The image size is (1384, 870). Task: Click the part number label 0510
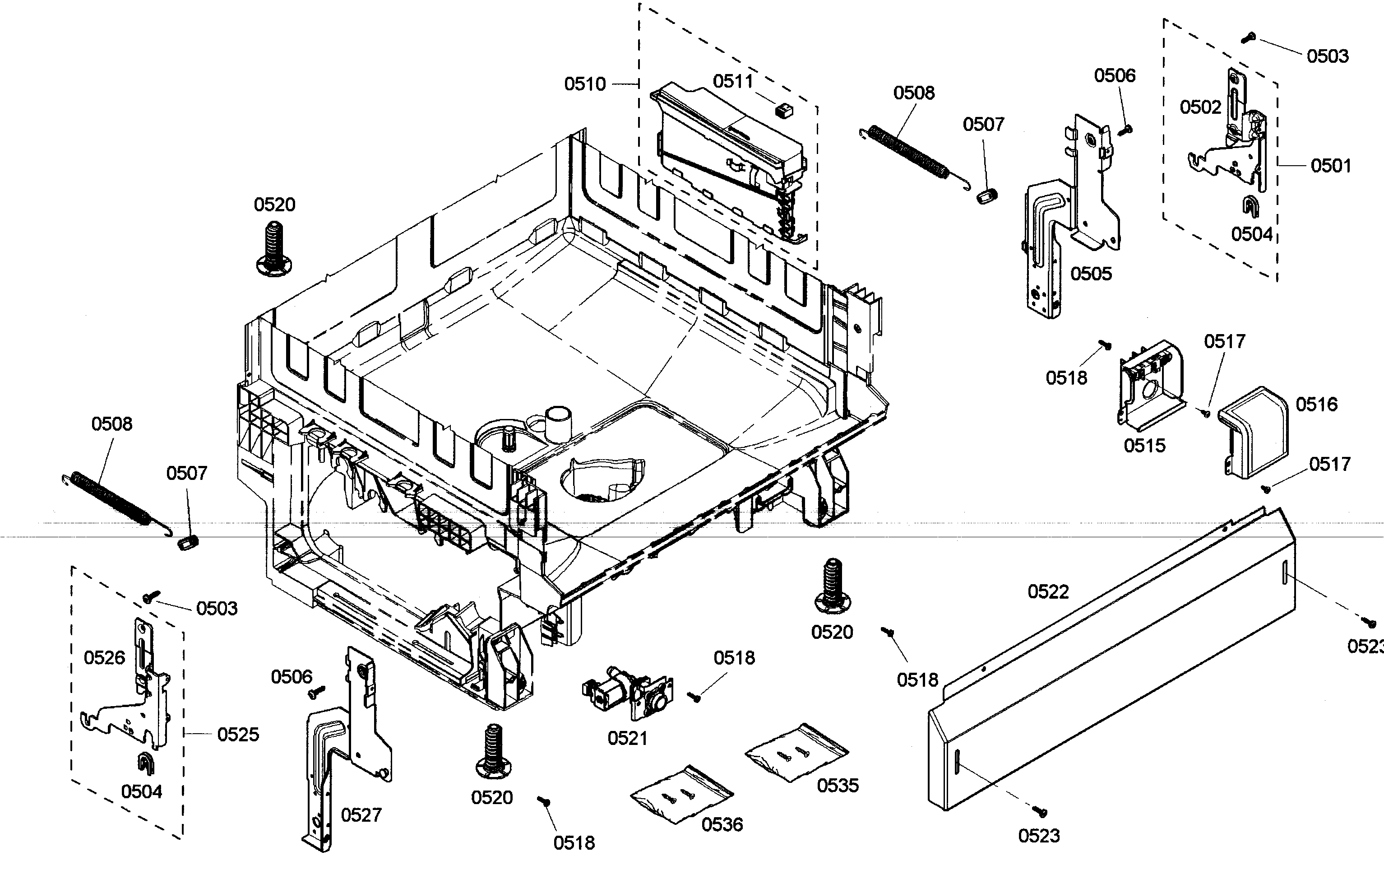click(584, 84)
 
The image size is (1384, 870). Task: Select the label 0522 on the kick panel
click(1048, 592)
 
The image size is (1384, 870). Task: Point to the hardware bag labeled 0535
click(796, 752)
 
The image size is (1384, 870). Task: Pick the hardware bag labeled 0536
click(681, 794)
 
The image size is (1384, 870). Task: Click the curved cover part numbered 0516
click(1253, 431)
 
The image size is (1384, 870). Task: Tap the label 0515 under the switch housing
click(1144, 445)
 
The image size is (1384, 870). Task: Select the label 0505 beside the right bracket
click(1091, 274)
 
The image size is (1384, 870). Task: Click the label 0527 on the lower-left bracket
click(361, 815)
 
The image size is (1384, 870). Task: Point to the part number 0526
click(104, 658)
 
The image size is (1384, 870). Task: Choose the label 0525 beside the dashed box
click(238, 734)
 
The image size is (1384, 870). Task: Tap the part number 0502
click(1200, 107)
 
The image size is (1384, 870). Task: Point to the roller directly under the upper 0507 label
click(986, 196)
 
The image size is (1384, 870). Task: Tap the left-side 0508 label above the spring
click(111, 424)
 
